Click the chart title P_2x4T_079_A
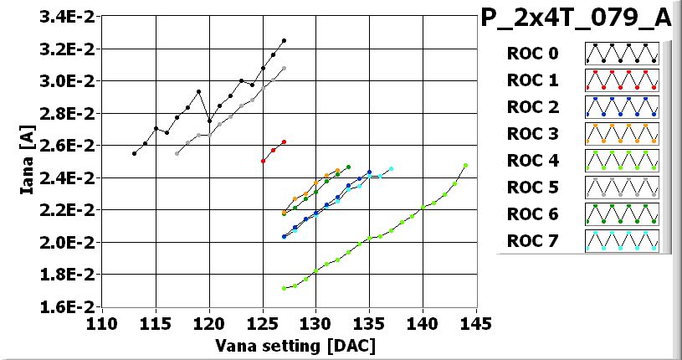pyautogui.click(x=577, y=18)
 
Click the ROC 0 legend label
pyautogui.click(x=531, y=54)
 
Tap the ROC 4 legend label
pyautogui.click(x=531, y=161)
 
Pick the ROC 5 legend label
pyautogui.click(x=531, y=188)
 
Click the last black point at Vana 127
pyautogui.click(x=285, y=40)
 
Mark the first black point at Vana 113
pyautogui.click(x=135, y=153)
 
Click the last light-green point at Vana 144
pyautogui.click(x=465, y=166)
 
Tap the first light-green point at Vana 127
pyautogui.click(x=285, y=288)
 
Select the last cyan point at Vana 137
pyautogui.click(x=391, y=169)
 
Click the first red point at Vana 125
pyautogui.click(x=264, y=161)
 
